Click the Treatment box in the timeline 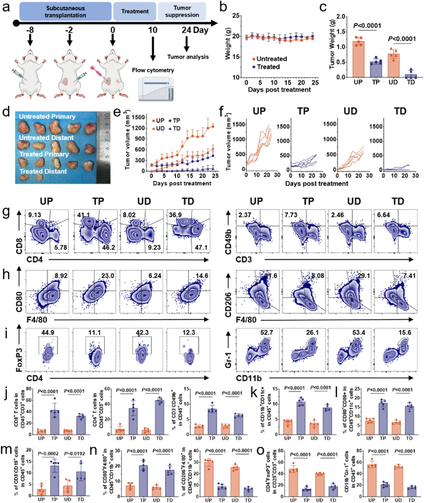point(135,11)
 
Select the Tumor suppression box point(182,11)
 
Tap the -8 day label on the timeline point(30,30)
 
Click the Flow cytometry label point(153,70)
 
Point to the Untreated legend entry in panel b point(269,59)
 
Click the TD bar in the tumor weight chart point(411,75)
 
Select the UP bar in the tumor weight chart point(358,59)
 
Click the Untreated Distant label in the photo point(46,138)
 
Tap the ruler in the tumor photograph point(104,147)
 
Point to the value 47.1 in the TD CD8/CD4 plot point(201,248)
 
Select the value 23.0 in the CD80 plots point(108,276)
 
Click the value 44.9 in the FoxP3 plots point(48,333)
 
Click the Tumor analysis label point(188,57)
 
